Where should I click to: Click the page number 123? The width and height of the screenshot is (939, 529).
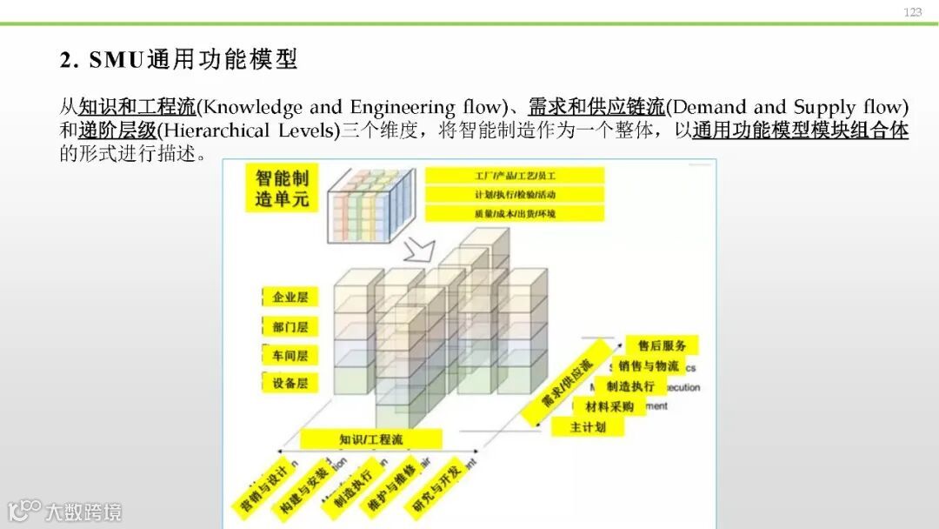tap(912, 12)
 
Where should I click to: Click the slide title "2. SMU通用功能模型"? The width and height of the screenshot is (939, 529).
tap(179, 59)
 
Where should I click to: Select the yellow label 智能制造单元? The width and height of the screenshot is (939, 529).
tap(282, 188)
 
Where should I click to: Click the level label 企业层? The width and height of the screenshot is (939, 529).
tap(290, 298)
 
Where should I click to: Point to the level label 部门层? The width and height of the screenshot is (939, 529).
tap(290, 327)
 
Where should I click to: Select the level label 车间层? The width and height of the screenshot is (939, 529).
tap(290, 355)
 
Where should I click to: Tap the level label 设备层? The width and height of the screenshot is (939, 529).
tap(290, 383)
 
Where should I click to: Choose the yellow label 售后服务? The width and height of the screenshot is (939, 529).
tap(662, 346)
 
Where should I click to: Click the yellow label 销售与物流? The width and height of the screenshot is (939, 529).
tap(648, 366)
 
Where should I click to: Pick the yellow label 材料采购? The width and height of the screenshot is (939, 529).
tap(609, 406)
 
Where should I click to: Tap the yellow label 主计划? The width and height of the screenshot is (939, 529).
tap(588, 427)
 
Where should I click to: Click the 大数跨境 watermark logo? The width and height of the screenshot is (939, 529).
tap(65, 511)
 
